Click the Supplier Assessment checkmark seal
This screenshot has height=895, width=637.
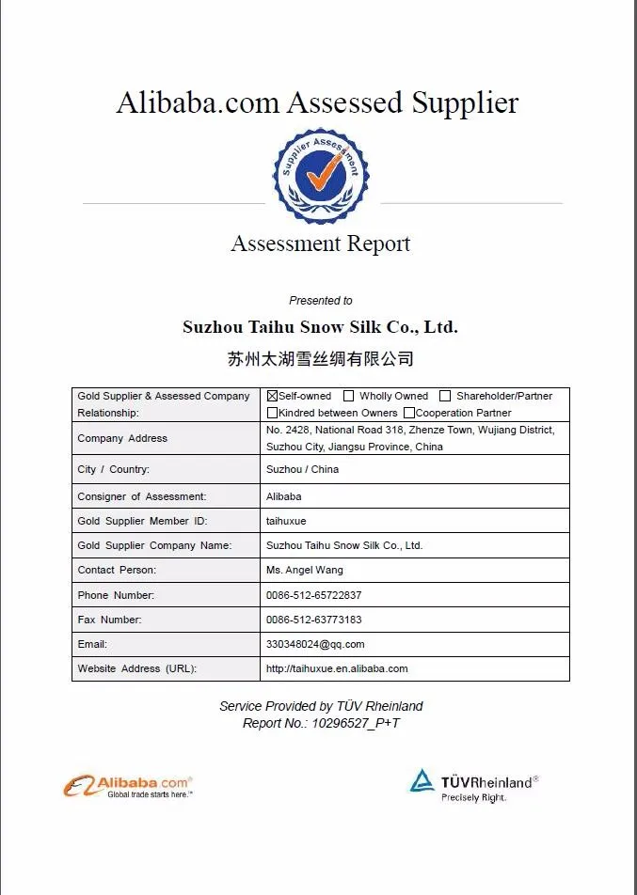click(x=320, y=176)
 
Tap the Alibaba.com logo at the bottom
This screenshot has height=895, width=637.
click(x=128, y=786)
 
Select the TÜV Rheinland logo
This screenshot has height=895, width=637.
click(x=473, y=785)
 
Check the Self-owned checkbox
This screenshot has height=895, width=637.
click(x=273, y=397)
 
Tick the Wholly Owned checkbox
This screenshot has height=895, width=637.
click(x=349, y=397)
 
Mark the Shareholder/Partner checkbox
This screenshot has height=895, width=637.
click(x=445, y=397)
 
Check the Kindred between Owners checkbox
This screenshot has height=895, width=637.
click(x=273, y=413)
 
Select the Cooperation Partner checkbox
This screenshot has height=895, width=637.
click(x=409, y=413)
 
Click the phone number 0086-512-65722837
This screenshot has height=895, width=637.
click(x=313, y=595)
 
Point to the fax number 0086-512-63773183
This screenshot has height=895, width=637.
click(x=313, y=620)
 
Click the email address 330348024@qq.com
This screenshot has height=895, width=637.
click(x=315, y=644)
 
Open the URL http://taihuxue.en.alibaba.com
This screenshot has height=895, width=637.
click(x=337, y=668)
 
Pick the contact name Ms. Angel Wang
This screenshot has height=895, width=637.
click(x=305, y=570)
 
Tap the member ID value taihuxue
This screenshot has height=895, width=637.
click(x=286, y=521)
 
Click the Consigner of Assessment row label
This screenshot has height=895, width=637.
click(x=141, y=496)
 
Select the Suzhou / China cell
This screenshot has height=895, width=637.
click(x=302, y=469)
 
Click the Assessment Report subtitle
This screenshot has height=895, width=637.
click(x=320, y=244)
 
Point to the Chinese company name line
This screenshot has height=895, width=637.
click(x=320, y=359)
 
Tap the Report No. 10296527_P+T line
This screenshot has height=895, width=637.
click(x=321, y=723)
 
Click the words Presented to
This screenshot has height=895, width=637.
click(x=320, y=301)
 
